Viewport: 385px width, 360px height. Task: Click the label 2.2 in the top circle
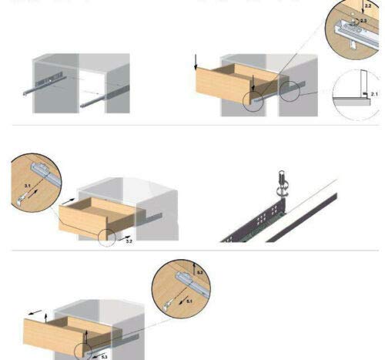[367, 5]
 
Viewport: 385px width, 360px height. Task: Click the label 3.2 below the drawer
[129, 241]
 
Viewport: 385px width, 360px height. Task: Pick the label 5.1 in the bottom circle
[189, 302]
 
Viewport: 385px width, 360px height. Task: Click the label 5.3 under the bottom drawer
[104, 355]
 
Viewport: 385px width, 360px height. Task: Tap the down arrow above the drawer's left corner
[197, 61]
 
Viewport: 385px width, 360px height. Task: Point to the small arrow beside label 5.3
[94, 355]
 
